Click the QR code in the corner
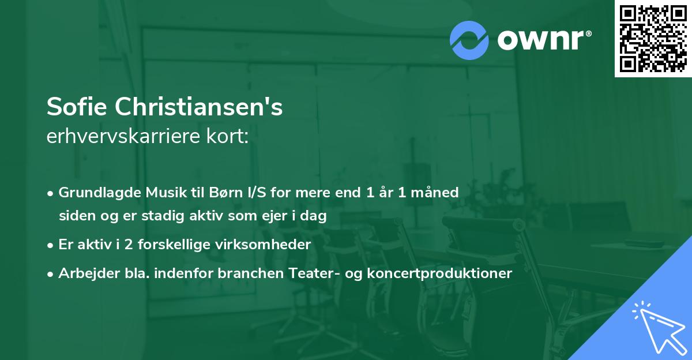[653, 39]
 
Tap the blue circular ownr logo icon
[469, 40]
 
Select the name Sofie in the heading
[77, 107]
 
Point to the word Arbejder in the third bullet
[85, 273]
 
